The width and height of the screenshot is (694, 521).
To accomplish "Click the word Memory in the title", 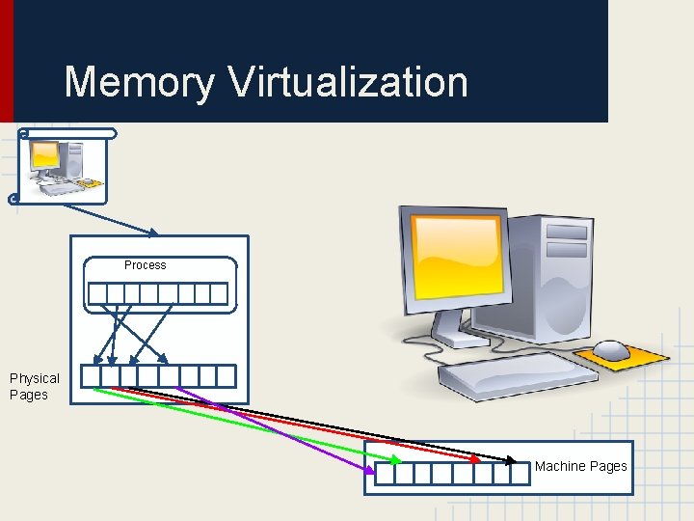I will point(139,82).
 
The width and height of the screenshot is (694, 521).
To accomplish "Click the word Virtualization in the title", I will point(348,82).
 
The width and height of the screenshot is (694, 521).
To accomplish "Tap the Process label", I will point(145,265).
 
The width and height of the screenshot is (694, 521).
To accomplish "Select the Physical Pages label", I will point(34,386).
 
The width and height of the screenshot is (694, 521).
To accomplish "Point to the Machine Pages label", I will point(580,466).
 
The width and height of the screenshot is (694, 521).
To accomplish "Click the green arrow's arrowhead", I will point(396,460).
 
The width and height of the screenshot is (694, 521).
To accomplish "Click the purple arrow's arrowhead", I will point(371,469).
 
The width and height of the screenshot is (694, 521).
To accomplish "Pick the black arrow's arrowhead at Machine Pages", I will point(513,459).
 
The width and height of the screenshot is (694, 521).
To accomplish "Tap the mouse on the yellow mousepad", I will point(612,350).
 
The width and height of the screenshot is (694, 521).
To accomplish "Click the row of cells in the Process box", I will point(157,293).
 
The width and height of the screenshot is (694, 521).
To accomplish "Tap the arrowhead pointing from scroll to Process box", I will point(153,233).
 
